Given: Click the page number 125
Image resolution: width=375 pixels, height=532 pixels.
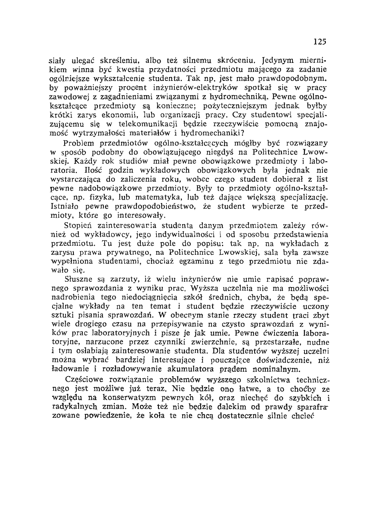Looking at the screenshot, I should point(321,41).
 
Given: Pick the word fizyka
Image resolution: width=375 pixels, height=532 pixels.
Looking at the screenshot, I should point(102,196).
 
